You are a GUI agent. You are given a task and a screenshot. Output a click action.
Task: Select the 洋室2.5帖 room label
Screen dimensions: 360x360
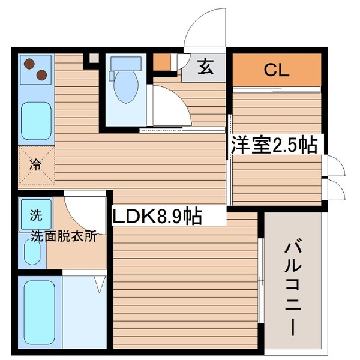(274, 145)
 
